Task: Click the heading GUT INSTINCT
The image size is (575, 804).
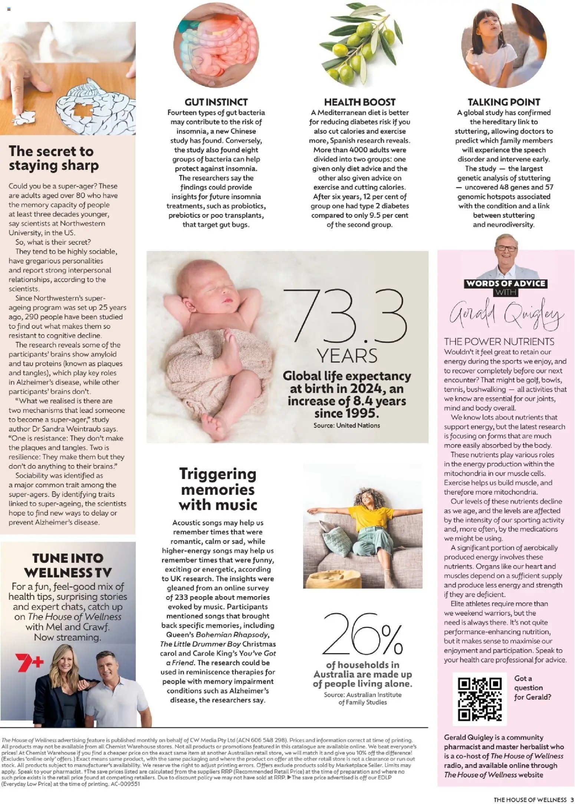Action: click(216, 102)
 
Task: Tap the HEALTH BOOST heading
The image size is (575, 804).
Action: click(359, 102)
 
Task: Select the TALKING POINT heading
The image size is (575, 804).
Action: click(503, 102)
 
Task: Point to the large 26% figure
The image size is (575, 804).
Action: click(362, 634)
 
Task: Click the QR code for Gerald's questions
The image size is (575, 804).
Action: click(480, 699)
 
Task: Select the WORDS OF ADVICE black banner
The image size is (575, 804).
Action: click(505, 284)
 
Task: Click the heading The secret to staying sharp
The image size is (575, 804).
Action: click(54, 158)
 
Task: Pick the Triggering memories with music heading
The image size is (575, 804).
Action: click(218, 489)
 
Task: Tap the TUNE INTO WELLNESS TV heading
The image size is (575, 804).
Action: click(68, 565)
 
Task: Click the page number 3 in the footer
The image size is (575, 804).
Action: click(572, 800)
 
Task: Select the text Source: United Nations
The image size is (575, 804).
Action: click(346, 425)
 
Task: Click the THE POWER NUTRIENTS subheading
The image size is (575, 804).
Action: click(499, 341)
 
